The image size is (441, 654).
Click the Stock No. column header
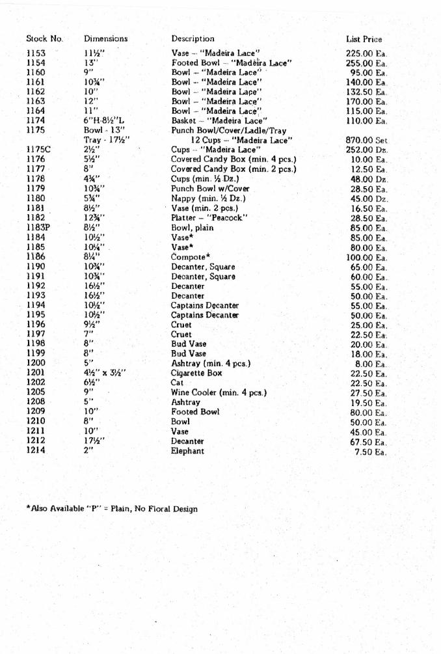pos(44,39)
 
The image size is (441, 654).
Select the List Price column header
pos(364,40)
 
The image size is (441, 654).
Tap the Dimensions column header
pos(105,39)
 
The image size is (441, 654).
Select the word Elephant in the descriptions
pos(187,450)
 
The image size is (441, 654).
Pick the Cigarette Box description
pos(196,374)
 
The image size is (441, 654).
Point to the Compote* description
pos(191,257)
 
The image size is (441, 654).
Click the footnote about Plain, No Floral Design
pos(111,509)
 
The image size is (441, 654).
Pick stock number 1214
pos(36,450)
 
